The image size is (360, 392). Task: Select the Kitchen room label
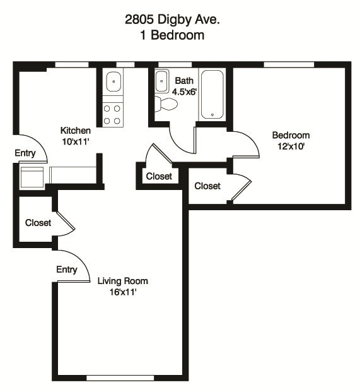[x=76, y=131]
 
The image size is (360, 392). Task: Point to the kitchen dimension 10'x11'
[x=76, y=141]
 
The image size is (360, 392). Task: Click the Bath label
[x=184, y=81]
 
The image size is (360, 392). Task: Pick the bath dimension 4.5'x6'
[x=184, y=91]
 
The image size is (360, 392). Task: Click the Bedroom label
[x=291, y=135]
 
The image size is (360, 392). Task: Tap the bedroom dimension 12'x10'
[x=291, y=146]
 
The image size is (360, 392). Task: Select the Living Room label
[x=122, y=281]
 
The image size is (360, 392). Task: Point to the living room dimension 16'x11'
[x=122, y=292]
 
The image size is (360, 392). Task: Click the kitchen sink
[x=113, y=82]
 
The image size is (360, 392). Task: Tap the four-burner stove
[x=113, y=114]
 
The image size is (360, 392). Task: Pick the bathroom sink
[x=161, y=81]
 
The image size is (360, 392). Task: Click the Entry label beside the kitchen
[x=25, y=153]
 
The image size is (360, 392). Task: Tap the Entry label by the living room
[x=67, y=270]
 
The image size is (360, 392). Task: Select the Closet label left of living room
[x=38, y=223]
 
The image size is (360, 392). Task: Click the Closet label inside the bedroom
[x=207, y=186]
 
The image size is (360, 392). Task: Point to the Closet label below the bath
[x=159, y=176]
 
